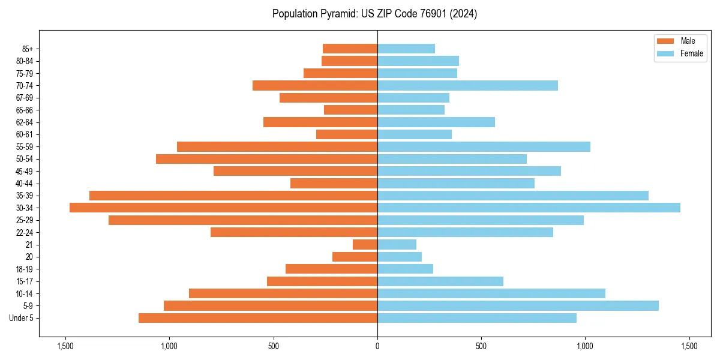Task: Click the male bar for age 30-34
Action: coord(223,208)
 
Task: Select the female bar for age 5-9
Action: coord(518,305)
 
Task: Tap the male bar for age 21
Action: coord(365,244)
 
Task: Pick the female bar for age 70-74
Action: coord(467,85)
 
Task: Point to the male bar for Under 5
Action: coord(258,318)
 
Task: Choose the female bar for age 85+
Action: coord(406,49)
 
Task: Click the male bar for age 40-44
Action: coord(334,183)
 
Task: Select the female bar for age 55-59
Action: coord(484,146)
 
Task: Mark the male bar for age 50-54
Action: coord(266,159)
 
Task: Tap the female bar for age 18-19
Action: coord(405,269)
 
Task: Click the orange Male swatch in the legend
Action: coord(665,41)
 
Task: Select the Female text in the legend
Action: coord(691,53)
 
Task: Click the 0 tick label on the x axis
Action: coord(377,346)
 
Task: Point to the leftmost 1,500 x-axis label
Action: coord(65,346)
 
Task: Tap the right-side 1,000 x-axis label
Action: coord(585,346)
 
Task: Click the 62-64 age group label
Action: coord(25,122)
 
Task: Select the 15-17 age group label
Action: coord(25,281)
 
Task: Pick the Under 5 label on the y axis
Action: coord(22,318)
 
